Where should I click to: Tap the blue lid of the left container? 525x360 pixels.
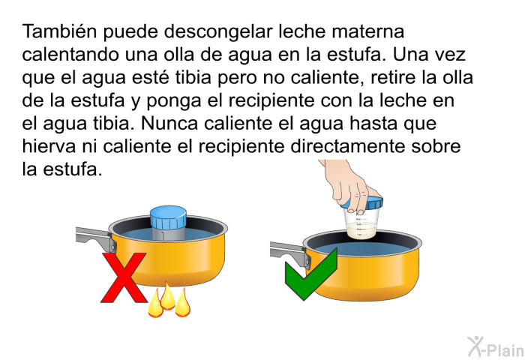[172, 219]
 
